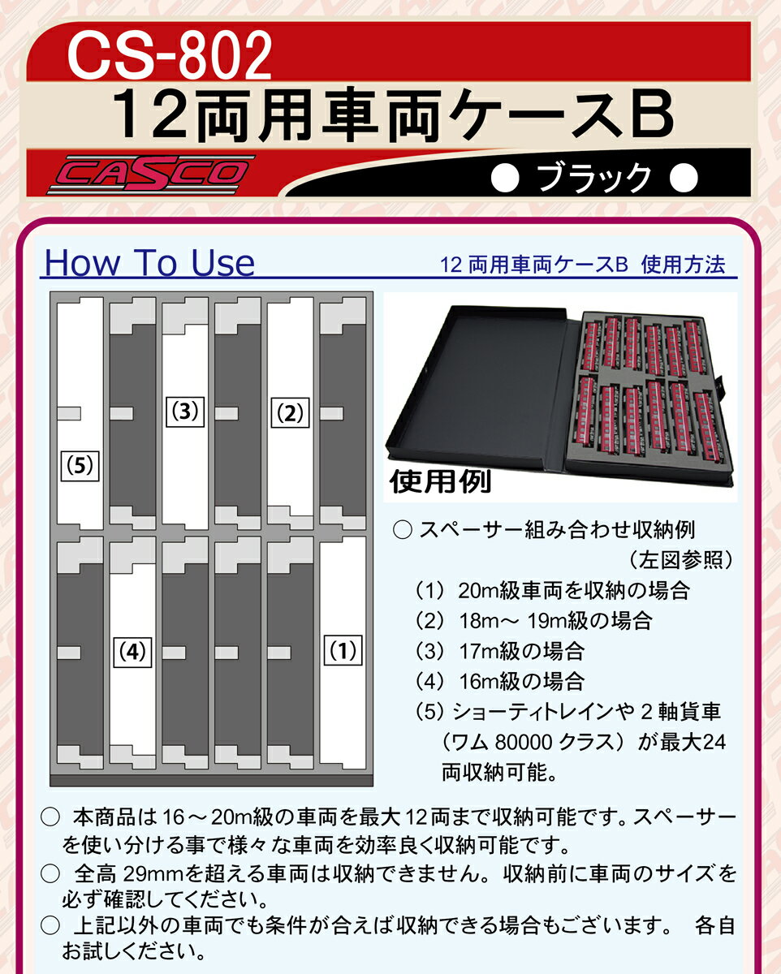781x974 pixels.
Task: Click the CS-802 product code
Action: click(169, 55)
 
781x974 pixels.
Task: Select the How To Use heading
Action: click(149, 263)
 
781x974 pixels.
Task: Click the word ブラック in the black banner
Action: click(595, 175)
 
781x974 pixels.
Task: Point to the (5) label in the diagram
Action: click(80, 467)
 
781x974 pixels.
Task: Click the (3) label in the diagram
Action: click(186, 412)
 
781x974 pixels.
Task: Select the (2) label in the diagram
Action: click(290, 414)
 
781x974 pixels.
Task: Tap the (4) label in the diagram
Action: click(132, 651)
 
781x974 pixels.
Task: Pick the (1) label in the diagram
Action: click(343, 650)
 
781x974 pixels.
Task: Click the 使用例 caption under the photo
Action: click(441, 482)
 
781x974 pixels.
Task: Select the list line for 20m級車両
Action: click(552, 590)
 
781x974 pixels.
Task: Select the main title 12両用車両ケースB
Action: click(391, 115)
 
